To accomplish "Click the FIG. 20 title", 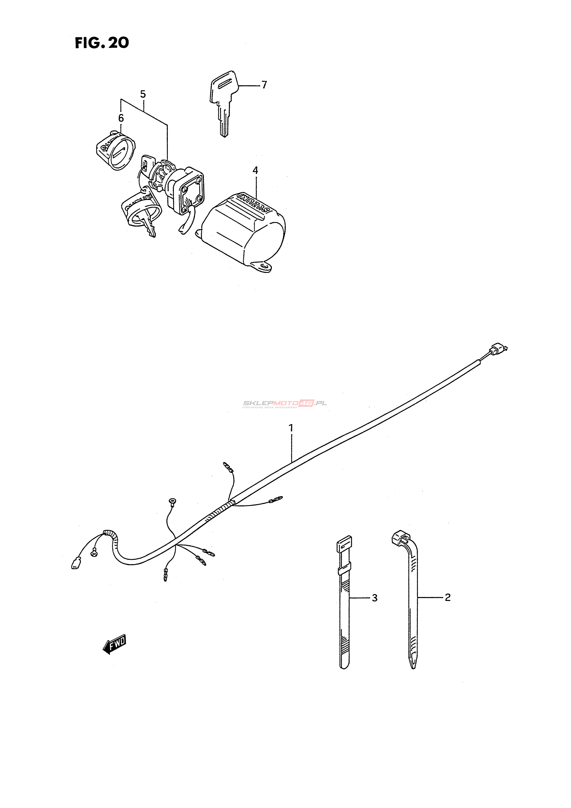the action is click(102, 43).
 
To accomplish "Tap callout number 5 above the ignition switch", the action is click(143, 94).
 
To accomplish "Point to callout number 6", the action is click(121, 118).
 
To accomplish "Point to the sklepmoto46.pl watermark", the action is click(284, 404).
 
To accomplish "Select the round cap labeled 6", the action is click(116, 151).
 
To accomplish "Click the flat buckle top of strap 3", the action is click(344, 545).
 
